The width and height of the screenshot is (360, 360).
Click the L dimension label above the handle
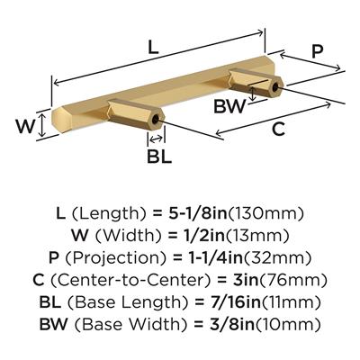(x=153, y=48)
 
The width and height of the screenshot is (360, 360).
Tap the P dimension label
(x=317, y=51)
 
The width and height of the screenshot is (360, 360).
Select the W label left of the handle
(x=25, y=126)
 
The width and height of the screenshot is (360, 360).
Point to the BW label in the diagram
(x=229, y=106)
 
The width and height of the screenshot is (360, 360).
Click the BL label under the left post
(x=159, y=156)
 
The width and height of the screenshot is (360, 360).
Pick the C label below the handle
(x=278, y=130)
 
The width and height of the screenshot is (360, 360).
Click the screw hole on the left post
(x=156, y=120)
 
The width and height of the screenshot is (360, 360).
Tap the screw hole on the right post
(x=275, y=87)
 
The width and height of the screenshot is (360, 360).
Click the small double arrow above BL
(x=156, y=139)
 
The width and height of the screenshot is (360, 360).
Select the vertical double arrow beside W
(x=42, y=126)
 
